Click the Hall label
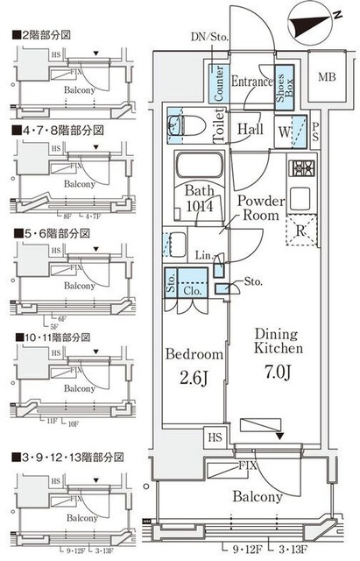tap(250, 127)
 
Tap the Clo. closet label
tap(195, 284)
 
